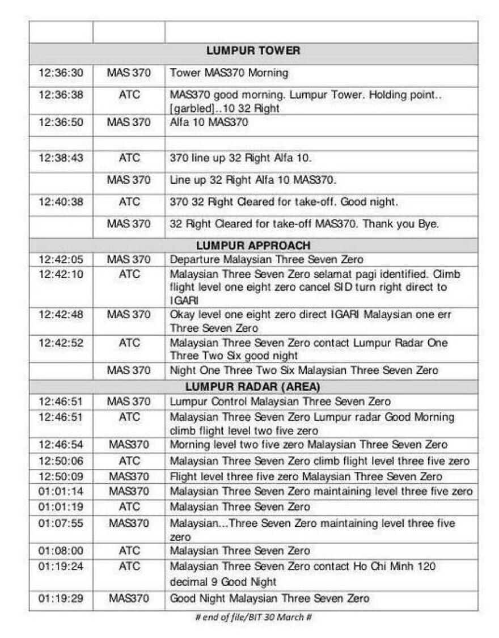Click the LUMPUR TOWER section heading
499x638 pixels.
click(x=253, y=51)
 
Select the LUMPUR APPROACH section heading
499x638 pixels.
click(x=253, y=246)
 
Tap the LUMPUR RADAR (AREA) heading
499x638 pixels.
click(x=253, y=387)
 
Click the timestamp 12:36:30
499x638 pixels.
click(x=61, y=73)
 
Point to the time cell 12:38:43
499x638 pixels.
click(x=61, y=158)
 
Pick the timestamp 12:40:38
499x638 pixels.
click(x=61, y=201)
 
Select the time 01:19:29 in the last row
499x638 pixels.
click(x=61, y=598)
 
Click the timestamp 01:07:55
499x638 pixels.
click(x=61, y=523)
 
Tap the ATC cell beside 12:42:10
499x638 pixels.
click(x=129, y=274)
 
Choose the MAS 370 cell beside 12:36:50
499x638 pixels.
click(x=129, y=122)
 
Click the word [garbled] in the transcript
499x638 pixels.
click(x=190, y=108)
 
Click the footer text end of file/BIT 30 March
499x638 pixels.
click(x=253, y=617)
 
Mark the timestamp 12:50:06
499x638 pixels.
click(x=61, y=461)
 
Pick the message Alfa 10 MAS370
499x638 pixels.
click(x=209, y=122)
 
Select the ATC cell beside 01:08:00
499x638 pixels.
click(x=129, y=551)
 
